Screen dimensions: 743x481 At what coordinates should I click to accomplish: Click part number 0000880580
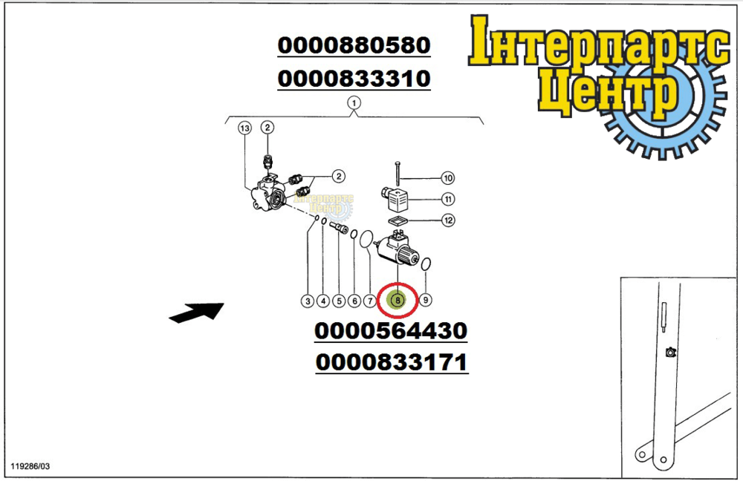354,45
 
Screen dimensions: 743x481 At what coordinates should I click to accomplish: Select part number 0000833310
354,79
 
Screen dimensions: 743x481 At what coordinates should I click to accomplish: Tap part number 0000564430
391,330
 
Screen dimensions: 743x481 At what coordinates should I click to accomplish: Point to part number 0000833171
392,363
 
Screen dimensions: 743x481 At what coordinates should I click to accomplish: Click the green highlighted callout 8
398,300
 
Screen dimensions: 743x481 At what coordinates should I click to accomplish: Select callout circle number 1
354,102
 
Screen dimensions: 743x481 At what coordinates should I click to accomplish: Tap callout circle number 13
244,128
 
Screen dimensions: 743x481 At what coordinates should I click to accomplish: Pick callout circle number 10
448,178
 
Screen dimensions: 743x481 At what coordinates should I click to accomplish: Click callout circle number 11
448,200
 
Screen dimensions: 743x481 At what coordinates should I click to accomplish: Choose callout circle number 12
448,220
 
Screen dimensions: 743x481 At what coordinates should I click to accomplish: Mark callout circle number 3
308,301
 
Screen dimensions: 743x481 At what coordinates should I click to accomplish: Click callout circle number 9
426,300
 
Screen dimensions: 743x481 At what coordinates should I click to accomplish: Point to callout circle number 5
339,301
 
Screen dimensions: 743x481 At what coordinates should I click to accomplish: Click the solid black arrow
196,313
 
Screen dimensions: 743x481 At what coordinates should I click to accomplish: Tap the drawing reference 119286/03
30,466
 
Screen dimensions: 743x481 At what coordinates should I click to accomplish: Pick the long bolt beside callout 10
397,174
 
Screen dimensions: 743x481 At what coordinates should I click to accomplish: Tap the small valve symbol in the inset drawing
670,353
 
